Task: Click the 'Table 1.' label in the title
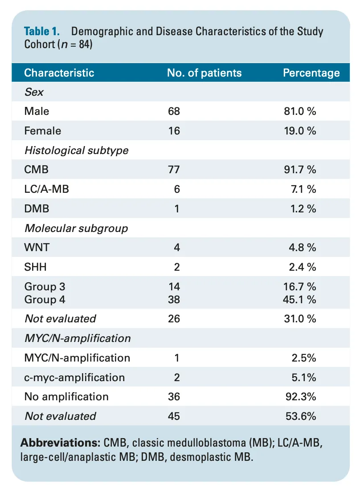pos(42,32)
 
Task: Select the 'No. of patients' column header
pos(205,73)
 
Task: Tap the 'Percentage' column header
pos(311,73)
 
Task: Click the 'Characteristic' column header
pos(59,73)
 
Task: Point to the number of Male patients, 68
pos(174,111)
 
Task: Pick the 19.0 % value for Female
pos(300,131)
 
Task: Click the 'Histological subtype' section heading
pos(76,150)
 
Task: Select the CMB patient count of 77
pos(174,170)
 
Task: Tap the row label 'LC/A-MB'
pos(46,189)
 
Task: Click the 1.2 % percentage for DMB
pos(303,208)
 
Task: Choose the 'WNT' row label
pos(37,248)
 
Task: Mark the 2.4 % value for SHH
pos(303,267)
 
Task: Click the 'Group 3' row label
pos(45,286)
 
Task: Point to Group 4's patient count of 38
pos(174,299)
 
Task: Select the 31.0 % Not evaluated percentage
pos(300,319)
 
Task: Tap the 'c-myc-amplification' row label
pos(74,378)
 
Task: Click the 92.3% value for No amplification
pos(301,397)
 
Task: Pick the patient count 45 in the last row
pos(174,416)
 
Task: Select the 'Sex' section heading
pos(34,92)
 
